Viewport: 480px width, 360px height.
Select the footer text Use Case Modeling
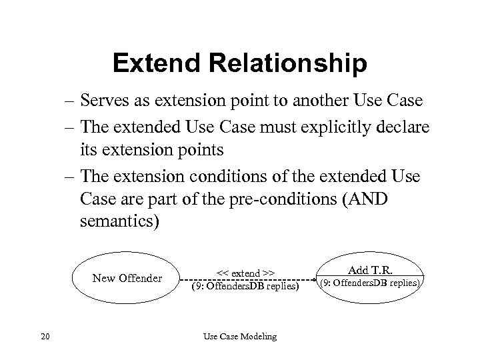(x=239, y=337)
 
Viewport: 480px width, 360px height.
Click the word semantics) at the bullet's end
(x=119, y=221)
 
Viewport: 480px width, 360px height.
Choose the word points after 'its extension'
(x=202, y=149)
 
